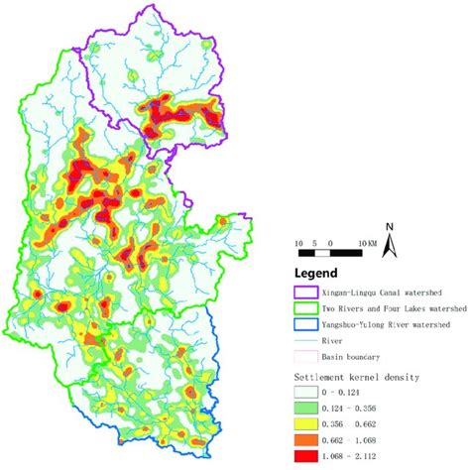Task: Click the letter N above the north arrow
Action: pyautogui.click(x=390, y=227)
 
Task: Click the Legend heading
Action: pyautogui.click(x=315, y=273)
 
